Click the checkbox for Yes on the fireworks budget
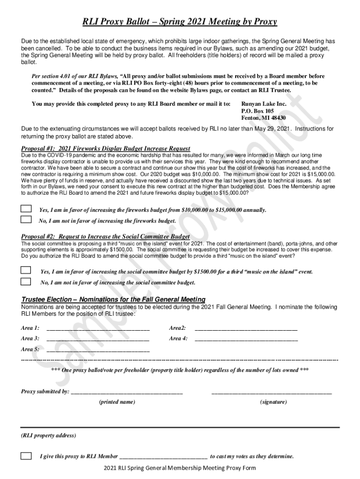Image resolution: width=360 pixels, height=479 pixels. pyautogui.click(x=26, y=209)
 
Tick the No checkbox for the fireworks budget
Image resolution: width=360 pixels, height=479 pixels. pyautogui.click(x=26, y=219)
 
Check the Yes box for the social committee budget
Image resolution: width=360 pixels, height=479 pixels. pyautogui.click(x=26, y=270)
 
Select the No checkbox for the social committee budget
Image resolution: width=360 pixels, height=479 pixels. pyautogui.click(x=26, y=282)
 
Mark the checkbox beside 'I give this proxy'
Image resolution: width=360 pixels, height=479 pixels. pyautogui.click(x=26, y=456)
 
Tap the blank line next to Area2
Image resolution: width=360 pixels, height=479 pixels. pyautogui.click(x=246, y=329)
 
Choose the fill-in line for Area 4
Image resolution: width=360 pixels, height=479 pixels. pyautogui.click(x=246, y=340)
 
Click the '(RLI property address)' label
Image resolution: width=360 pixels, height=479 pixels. pyautogui.click(x=48, y=435)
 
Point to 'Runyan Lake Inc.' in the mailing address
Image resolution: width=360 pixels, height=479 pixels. pyautogui.click(x=264, y=104)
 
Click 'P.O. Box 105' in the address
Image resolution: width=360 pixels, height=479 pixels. pyautogui.click(x=258, y=111)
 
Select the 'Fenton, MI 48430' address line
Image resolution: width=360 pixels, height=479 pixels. pyautogui.click(x=263, y=118)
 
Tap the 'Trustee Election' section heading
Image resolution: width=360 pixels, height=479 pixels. pyautogui.click(x=113, y=299)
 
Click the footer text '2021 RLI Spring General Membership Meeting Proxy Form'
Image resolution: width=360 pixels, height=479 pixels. pyautogui.click(x=180, y=468)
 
